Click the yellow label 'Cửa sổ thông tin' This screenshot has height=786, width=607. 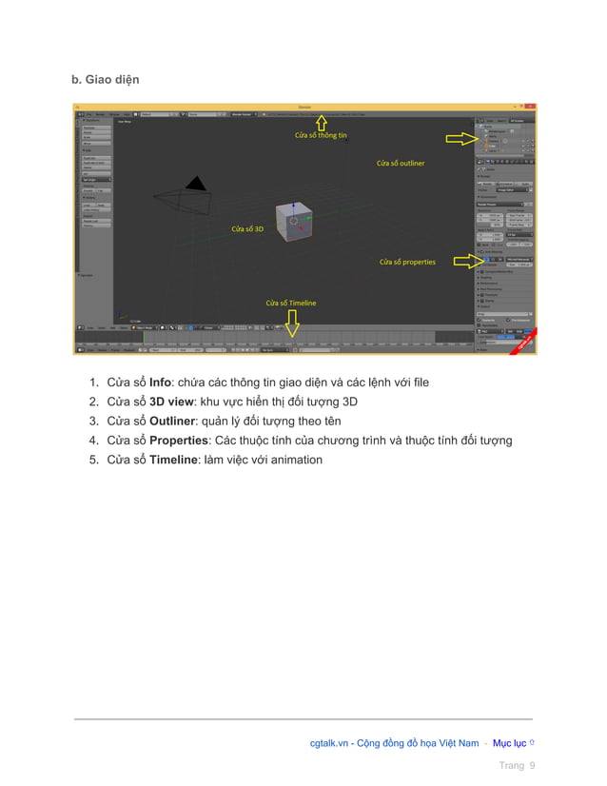click(320, 136)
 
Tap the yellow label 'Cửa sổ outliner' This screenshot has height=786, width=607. click(400, 164)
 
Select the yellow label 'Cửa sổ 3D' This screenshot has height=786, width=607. click(247, 229)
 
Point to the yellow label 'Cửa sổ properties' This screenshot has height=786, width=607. click(407, 262)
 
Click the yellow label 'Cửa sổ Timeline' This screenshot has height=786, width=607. click(290, 303)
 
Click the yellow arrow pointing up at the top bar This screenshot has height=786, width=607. click(321, 122)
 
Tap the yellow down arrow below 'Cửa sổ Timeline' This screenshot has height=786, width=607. click(292, 325)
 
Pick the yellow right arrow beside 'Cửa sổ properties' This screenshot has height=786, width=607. click(467, 258)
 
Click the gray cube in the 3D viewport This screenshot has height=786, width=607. click(293, 221)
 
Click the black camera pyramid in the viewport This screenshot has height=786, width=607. click(195, 184)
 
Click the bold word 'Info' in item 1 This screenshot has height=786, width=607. click(160, 383)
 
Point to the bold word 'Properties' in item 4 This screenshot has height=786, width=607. click(178, 441)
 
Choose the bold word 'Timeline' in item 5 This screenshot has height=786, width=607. click(174, 460)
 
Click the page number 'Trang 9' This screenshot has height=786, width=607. click(518, 766)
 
